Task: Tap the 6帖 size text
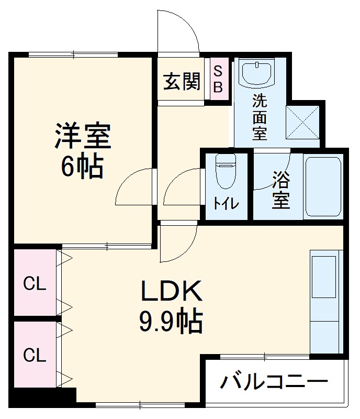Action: coord(83,167)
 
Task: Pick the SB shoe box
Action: coord(218,79)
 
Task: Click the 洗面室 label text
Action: coord(260,116)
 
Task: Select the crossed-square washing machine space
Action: coord(302,122)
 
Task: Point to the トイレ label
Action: coord(226,203)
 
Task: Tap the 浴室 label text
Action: coord(280,191)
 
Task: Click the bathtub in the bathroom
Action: coord(323,186)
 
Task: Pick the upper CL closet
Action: coord(35,284)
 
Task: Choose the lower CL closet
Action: coord(35,355)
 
